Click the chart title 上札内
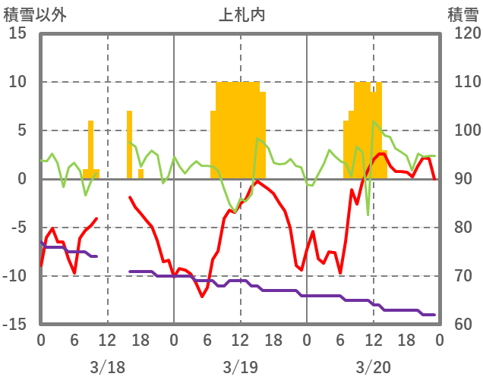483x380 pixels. (x=241, y=14)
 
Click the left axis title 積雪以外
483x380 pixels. (x=30, y=14)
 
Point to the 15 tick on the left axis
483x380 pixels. (x=18, y=33)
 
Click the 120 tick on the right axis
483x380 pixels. (x=462, y=33)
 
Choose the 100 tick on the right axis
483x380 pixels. (x=462, y=130)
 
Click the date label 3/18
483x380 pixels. (x=107, y=367)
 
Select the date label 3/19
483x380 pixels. (x=240, y=367)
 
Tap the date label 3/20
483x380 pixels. (x=373, y=367)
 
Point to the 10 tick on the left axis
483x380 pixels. (x=18, y=82)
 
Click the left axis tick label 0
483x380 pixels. (x=22, y=179)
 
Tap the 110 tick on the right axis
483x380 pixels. (x=462, y=82)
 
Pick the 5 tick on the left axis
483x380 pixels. (x=22, y=130)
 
